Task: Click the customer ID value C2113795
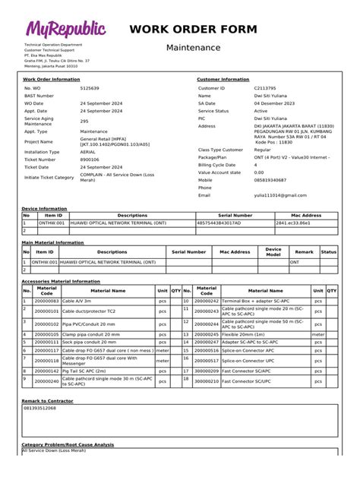pos(265,89)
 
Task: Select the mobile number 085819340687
pos(270,180)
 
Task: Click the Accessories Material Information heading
pos(61,281)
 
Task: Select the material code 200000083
pos(46,302)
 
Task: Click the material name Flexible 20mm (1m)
pos(244,334)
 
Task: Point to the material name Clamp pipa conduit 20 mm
pos(89,334)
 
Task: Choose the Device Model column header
pos(273,252)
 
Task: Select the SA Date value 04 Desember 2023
pos(276,103)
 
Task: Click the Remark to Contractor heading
pos(48,400)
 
